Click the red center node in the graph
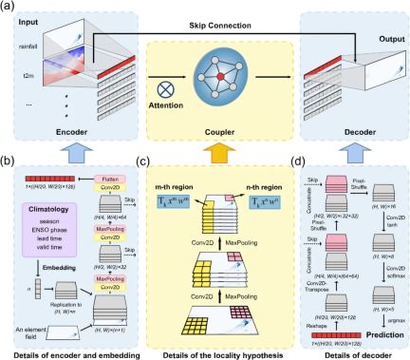click(x=204, y=75)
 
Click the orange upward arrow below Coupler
click(x=204, y=147)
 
